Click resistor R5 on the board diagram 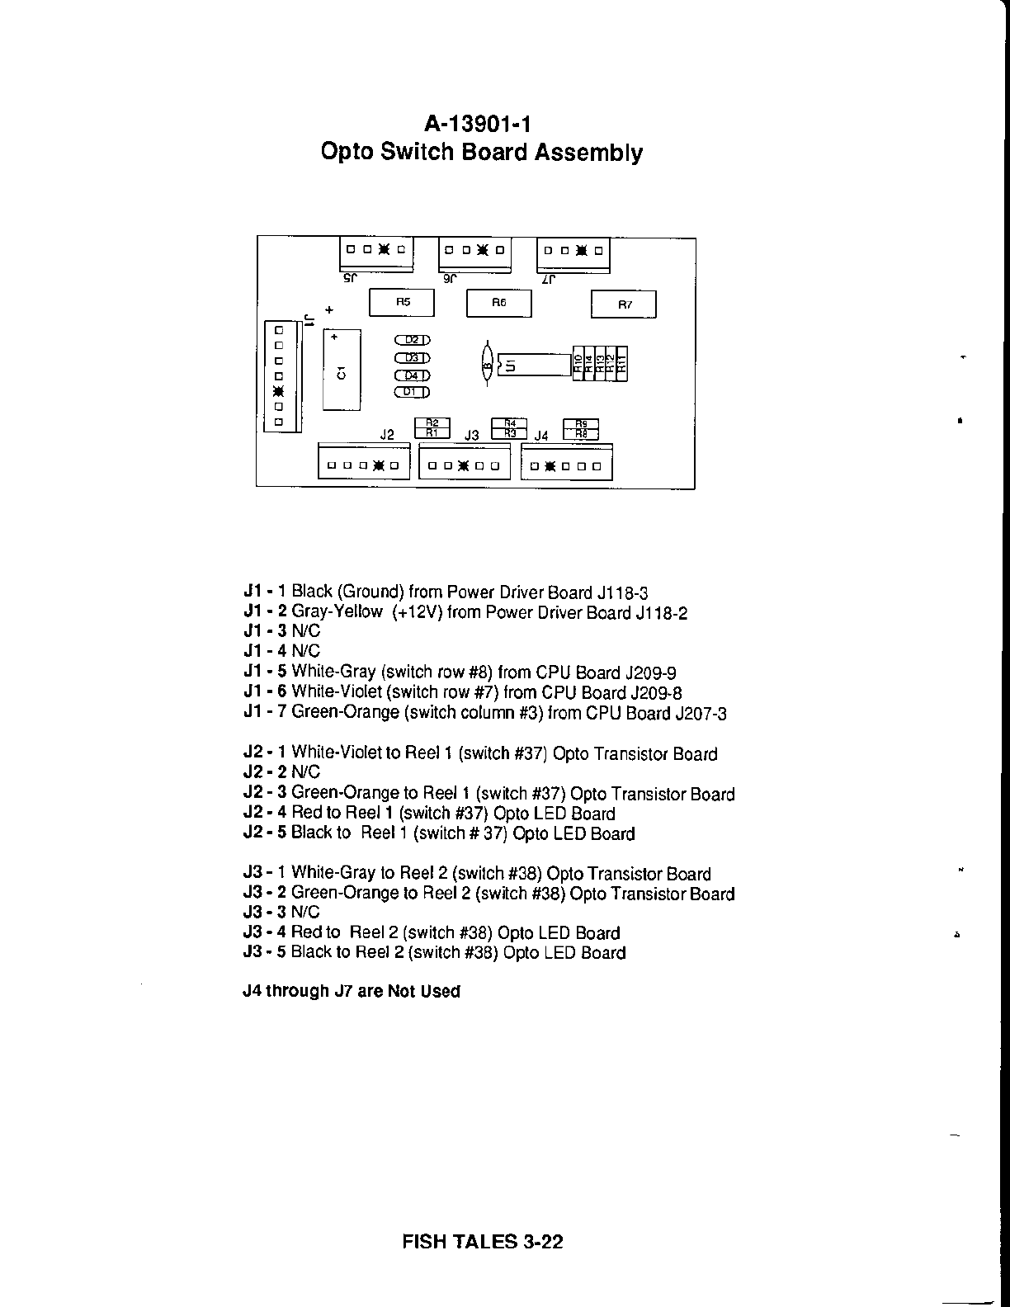402,302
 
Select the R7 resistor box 624,304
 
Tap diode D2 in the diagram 413,340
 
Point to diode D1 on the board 413,392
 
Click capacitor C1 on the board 342,370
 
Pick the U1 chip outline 533,364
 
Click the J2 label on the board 387,434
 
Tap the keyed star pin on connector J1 278,390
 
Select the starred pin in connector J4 548,466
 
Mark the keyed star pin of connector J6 483,249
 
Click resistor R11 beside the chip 622,361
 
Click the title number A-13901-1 478,124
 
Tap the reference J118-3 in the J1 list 622,592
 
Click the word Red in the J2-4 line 305,813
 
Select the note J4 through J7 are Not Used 352,991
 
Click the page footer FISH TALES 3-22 483,1241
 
